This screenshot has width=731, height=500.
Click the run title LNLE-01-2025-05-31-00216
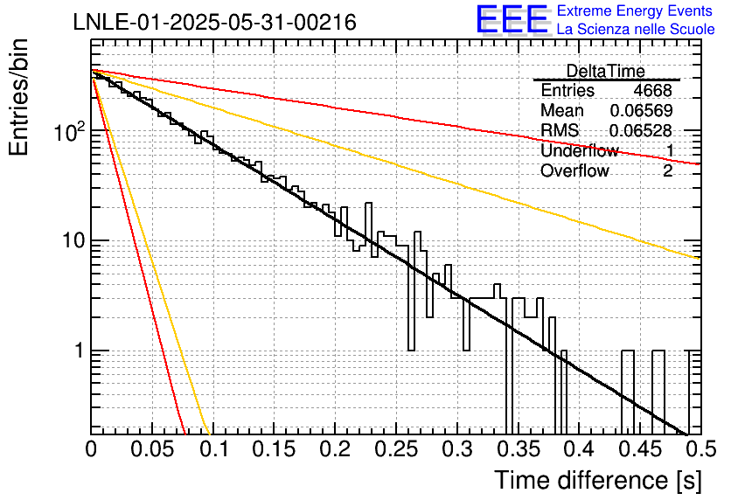pos(215,22)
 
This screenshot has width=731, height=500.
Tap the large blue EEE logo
pos(512,19)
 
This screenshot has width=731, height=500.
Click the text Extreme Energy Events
pos(635,10)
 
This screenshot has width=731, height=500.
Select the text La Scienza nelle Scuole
pos(636,29)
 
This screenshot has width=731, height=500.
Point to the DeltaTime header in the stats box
pos(606,71)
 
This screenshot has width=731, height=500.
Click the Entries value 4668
pos(652,90)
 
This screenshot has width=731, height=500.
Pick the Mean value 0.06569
pos(642,110)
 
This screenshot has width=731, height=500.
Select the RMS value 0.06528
pos(641,131)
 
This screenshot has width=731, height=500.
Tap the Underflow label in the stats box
pos(580,150)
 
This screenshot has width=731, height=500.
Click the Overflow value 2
pos(668,171)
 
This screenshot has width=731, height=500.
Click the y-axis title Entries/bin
pos(18,98)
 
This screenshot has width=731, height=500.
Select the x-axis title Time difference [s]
pos(598,480)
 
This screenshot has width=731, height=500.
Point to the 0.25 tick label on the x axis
pos(396,449)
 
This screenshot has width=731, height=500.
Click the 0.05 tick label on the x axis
pos(152,449)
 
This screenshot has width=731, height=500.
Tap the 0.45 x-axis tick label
pos(640,449)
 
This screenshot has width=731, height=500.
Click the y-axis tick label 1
pos(80,351)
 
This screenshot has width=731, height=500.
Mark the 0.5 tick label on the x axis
pos(700,449)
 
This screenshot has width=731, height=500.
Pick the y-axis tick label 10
pos(74,241)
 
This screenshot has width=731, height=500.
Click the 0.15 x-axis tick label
pos(275,449)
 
